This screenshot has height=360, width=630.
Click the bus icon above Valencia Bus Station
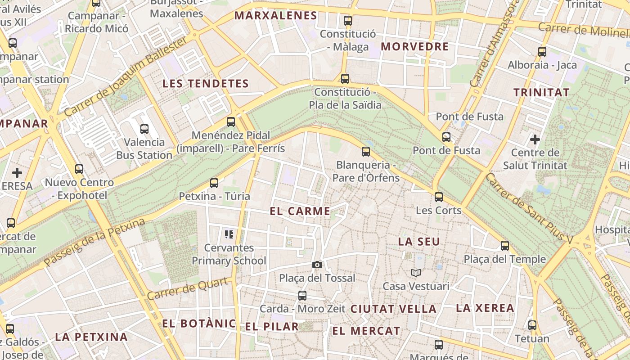144,129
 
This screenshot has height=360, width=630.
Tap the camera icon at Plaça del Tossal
317,265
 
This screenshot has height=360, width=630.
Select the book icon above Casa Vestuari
416,273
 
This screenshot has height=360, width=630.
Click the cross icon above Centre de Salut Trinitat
535,139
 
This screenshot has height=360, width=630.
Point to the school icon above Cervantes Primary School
229,234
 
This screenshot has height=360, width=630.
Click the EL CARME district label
300,211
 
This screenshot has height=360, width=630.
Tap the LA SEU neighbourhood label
419,242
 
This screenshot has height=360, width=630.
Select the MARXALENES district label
276,16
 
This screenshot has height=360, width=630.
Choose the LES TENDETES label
206,84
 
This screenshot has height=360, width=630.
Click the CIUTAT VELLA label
393,309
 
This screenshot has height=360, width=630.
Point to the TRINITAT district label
541,93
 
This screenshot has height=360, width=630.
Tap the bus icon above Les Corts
439,197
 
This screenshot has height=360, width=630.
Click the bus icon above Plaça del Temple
505,246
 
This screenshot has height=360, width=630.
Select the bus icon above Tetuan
532,325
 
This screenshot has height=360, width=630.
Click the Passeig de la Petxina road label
94,242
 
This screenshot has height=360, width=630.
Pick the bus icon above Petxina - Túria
214,183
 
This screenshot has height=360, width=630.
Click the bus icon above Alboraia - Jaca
542,52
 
